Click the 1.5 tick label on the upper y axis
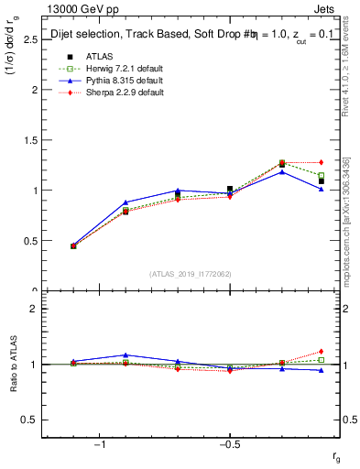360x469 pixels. pos(30,140)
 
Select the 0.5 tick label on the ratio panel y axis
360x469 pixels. pos(30,420)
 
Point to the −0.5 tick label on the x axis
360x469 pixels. pos(228,445)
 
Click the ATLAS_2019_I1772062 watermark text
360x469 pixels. pos(191,274)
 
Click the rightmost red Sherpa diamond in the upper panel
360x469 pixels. pos(321,162)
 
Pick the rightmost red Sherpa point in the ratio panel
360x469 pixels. pos(321,351)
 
